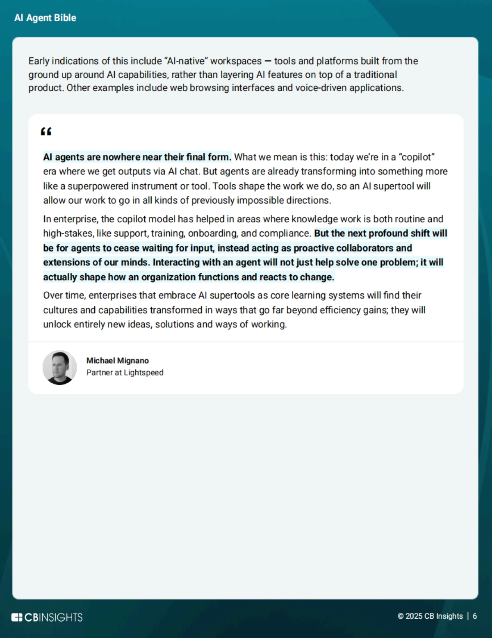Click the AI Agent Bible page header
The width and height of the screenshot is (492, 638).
[x=45, y=18]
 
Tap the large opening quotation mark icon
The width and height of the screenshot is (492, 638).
[x=46, y=132]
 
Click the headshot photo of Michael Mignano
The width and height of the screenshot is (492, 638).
[x=60, y=368]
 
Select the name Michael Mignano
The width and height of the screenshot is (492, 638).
[x=117, y=361]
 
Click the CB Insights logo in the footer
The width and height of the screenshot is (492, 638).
[x=47, y=617]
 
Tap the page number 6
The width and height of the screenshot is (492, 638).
[x=475, y=616]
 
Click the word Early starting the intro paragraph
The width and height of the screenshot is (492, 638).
[x=39, y=61]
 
